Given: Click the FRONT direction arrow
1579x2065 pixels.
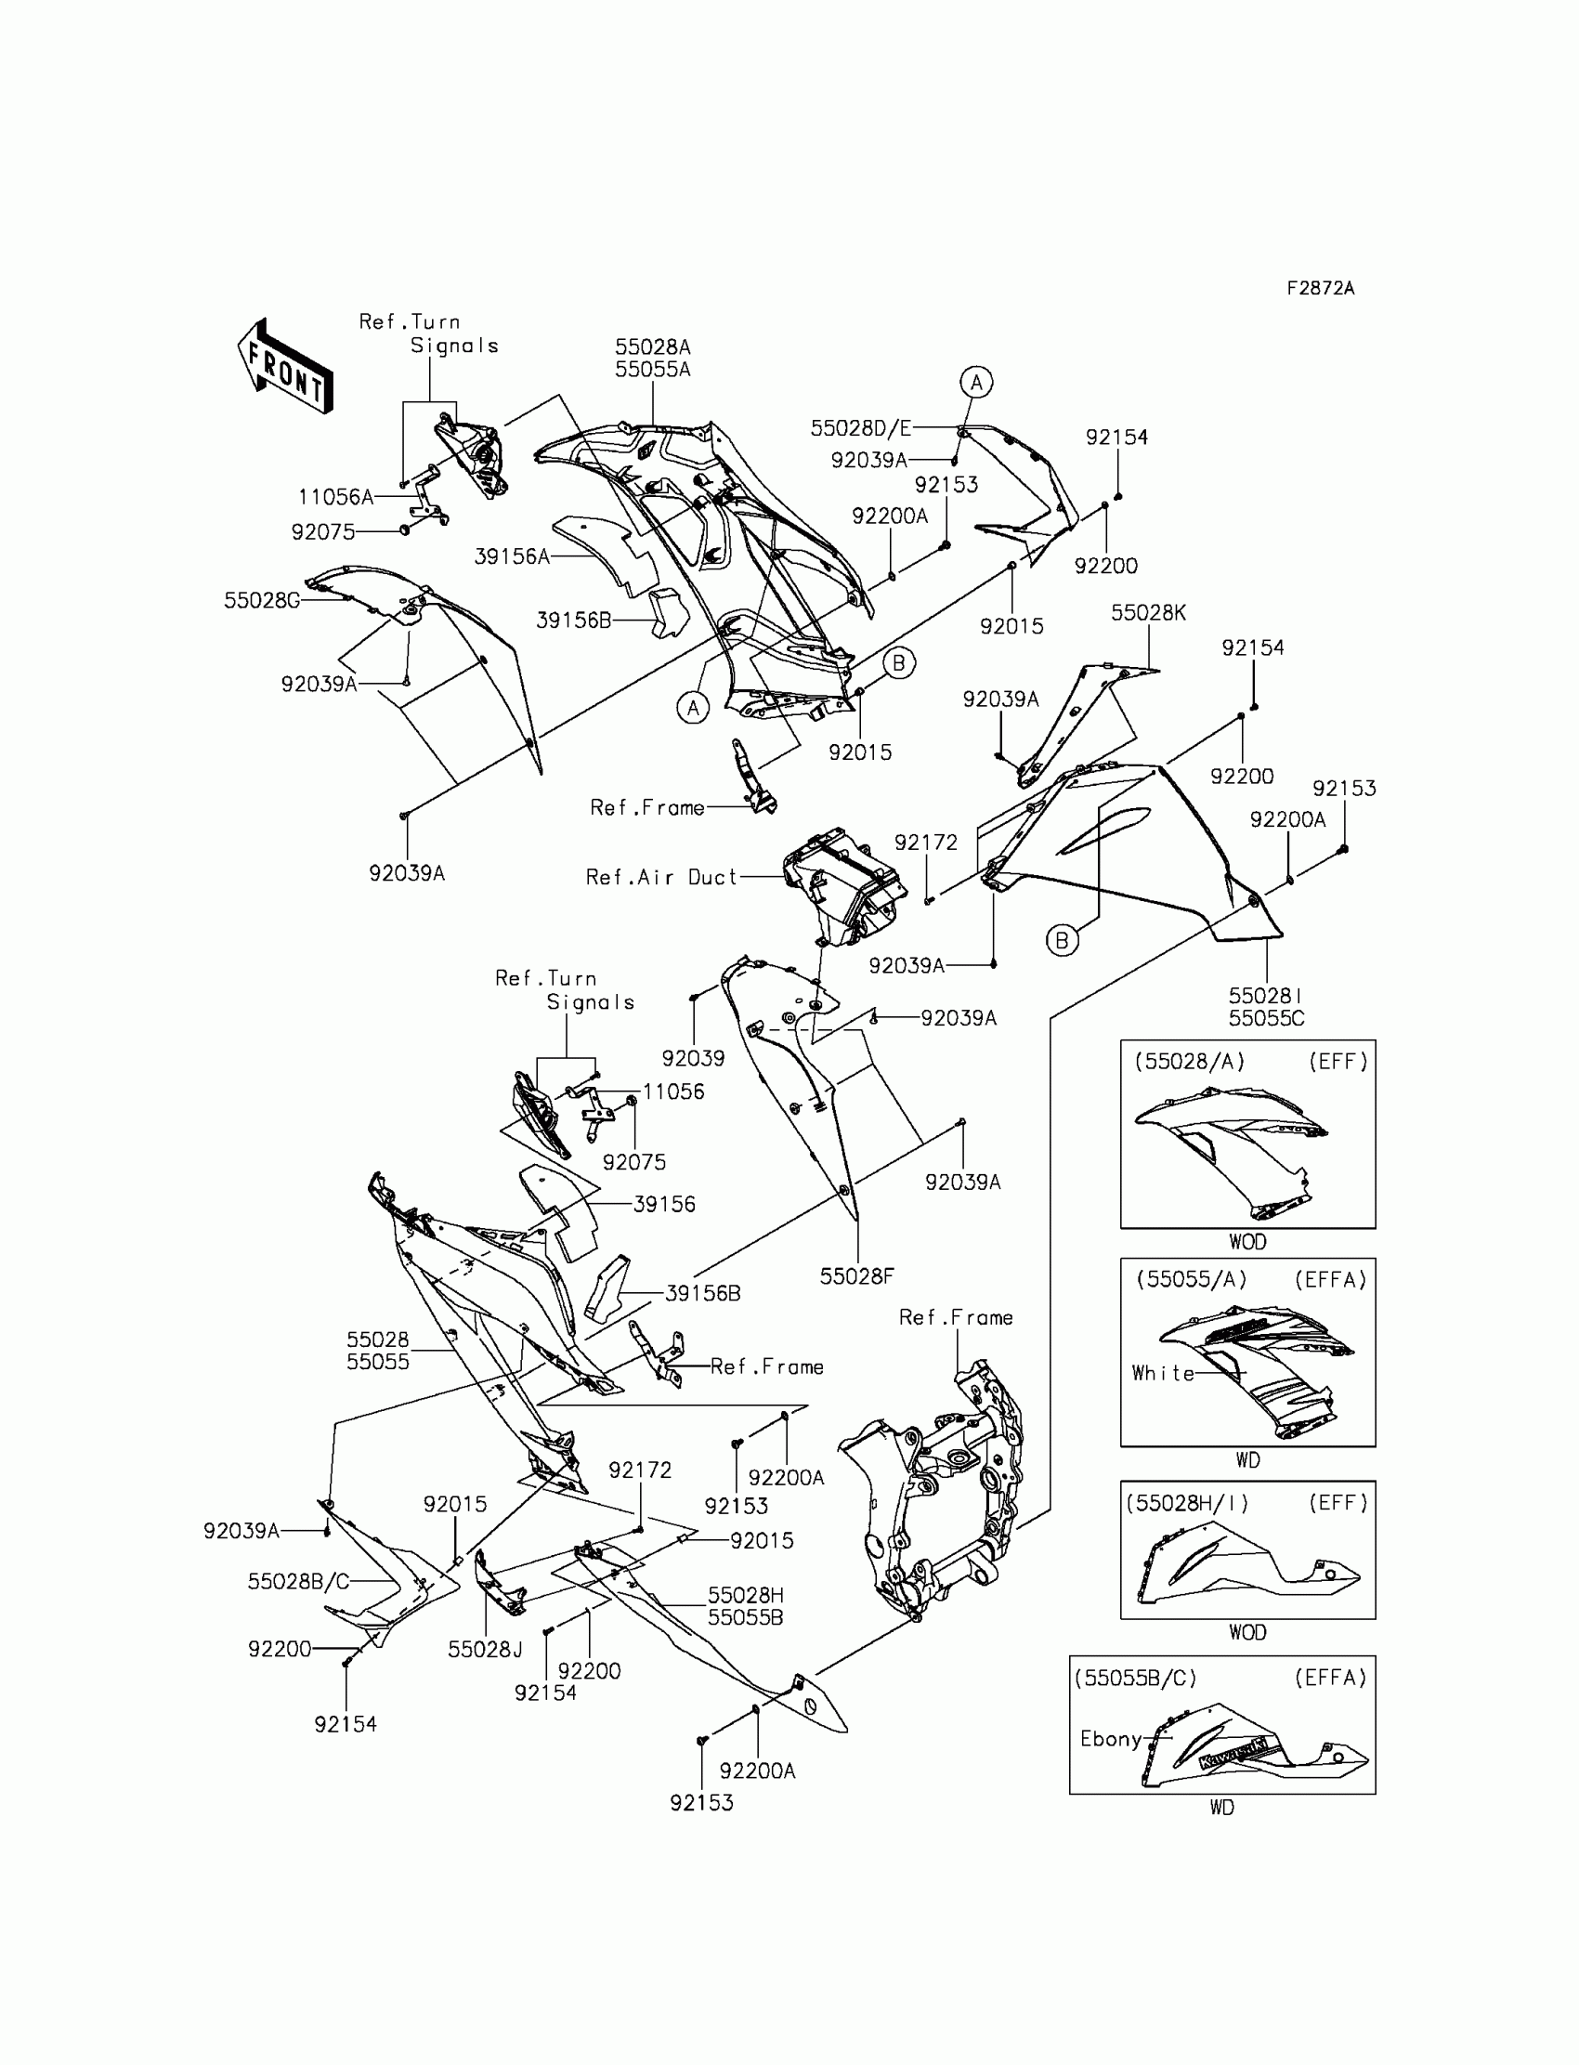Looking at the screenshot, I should [285, 366].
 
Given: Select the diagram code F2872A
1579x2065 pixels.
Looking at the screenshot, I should [1320, 289].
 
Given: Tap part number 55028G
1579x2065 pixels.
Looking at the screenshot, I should [261, 601].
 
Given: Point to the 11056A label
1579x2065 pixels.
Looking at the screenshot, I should [335, 497].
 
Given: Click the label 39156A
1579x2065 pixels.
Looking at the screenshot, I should [511, 556].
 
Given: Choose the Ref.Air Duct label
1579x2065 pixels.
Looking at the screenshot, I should [660, 877].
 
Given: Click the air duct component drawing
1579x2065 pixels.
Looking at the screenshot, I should [843, 884].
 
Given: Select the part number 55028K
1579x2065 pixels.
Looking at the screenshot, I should [1148, 613].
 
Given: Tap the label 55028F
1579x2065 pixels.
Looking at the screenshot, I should [856, 1275].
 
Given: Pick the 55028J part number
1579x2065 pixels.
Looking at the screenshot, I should [485, 1649].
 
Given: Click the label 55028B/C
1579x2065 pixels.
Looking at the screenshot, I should [298, 1581].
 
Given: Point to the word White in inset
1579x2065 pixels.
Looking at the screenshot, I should [1163, 1373].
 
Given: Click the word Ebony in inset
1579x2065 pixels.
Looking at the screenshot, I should [1110, 1738].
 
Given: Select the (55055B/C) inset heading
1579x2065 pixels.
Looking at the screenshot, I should [1135, 1678].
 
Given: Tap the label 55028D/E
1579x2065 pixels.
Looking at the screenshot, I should [860, 428].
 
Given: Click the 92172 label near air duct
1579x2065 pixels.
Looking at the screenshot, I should [926, 843].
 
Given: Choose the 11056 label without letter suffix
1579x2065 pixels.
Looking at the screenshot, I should [673, 1091].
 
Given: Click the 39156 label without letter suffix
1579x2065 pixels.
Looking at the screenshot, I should [663, 1204].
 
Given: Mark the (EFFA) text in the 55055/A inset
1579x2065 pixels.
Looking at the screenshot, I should [1330, 1279].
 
